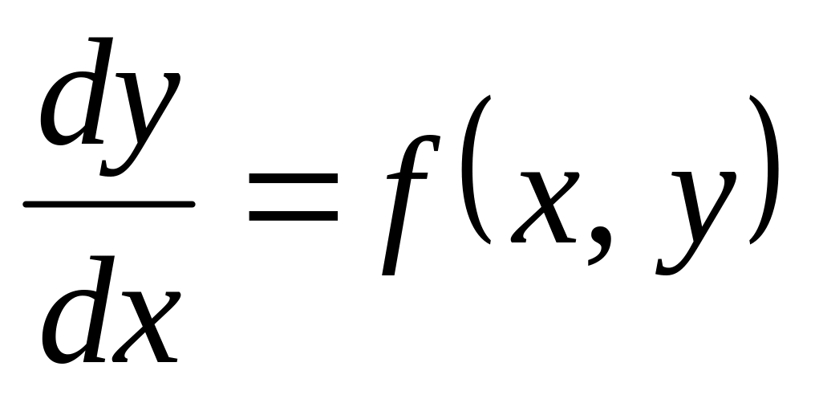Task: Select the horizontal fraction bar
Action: pos(109,203)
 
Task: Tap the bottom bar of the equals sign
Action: pos(293,217)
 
